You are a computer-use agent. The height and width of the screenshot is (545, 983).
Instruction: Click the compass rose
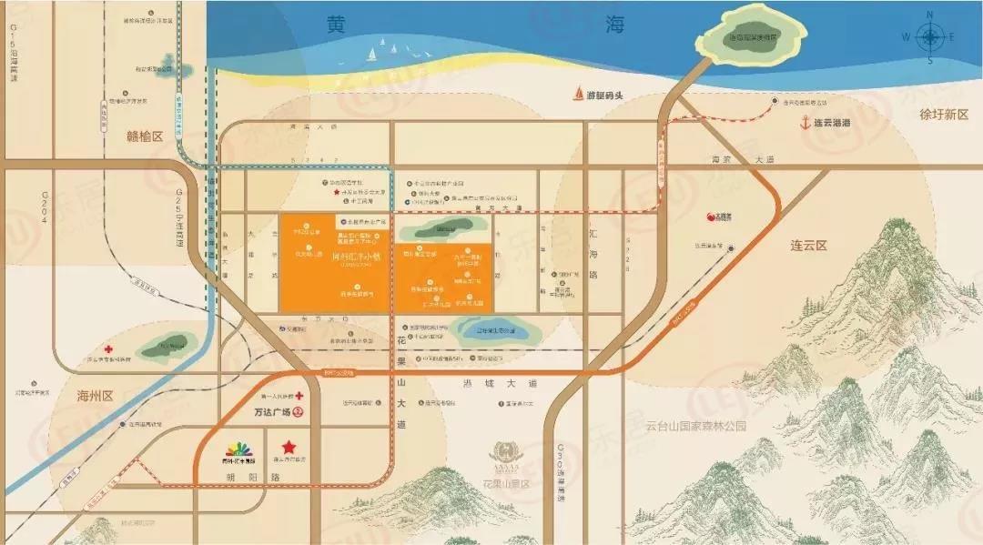(930, 37)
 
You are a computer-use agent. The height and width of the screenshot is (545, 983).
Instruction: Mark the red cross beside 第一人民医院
(299, 397)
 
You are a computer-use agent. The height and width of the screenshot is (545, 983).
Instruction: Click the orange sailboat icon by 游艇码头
(578, 93)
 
